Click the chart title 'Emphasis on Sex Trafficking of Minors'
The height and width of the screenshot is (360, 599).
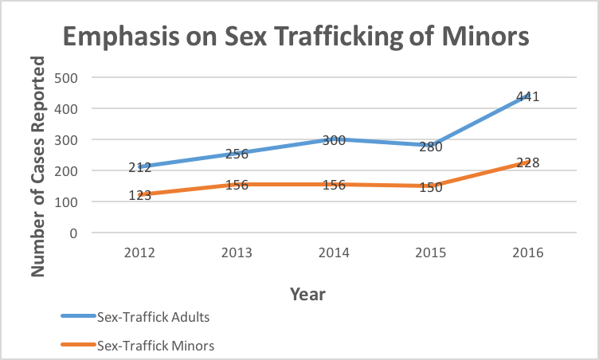tap(296, 37)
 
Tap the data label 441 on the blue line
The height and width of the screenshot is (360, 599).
tap(528, 97)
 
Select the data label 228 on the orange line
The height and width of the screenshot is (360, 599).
tap(528, 162)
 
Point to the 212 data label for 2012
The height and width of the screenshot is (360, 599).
tap(139, 167)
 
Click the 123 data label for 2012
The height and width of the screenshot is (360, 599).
tap(139, 194)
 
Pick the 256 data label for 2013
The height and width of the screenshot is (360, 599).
tap(237, 155)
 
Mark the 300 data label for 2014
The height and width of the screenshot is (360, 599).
tap(334, 141)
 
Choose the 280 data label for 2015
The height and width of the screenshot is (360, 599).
tap(431, 147)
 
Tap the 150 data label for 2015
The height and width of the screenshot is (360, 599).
tap(431, 187)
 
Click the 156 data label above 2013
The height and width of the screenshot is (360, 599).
tap(237, 185)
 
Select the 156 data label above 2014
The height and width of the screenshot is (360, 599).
tap(334, 185)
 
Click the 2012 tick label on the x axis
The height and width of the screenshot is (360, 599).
tap(139, 252)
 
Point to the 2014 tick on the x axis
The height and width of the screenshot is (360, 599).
tap(334, 252)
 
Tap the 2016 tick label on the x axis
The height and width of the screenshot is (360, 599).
tap(528, 252)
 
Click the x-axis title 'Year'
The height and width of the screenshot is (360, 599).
tap(307, 294)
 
